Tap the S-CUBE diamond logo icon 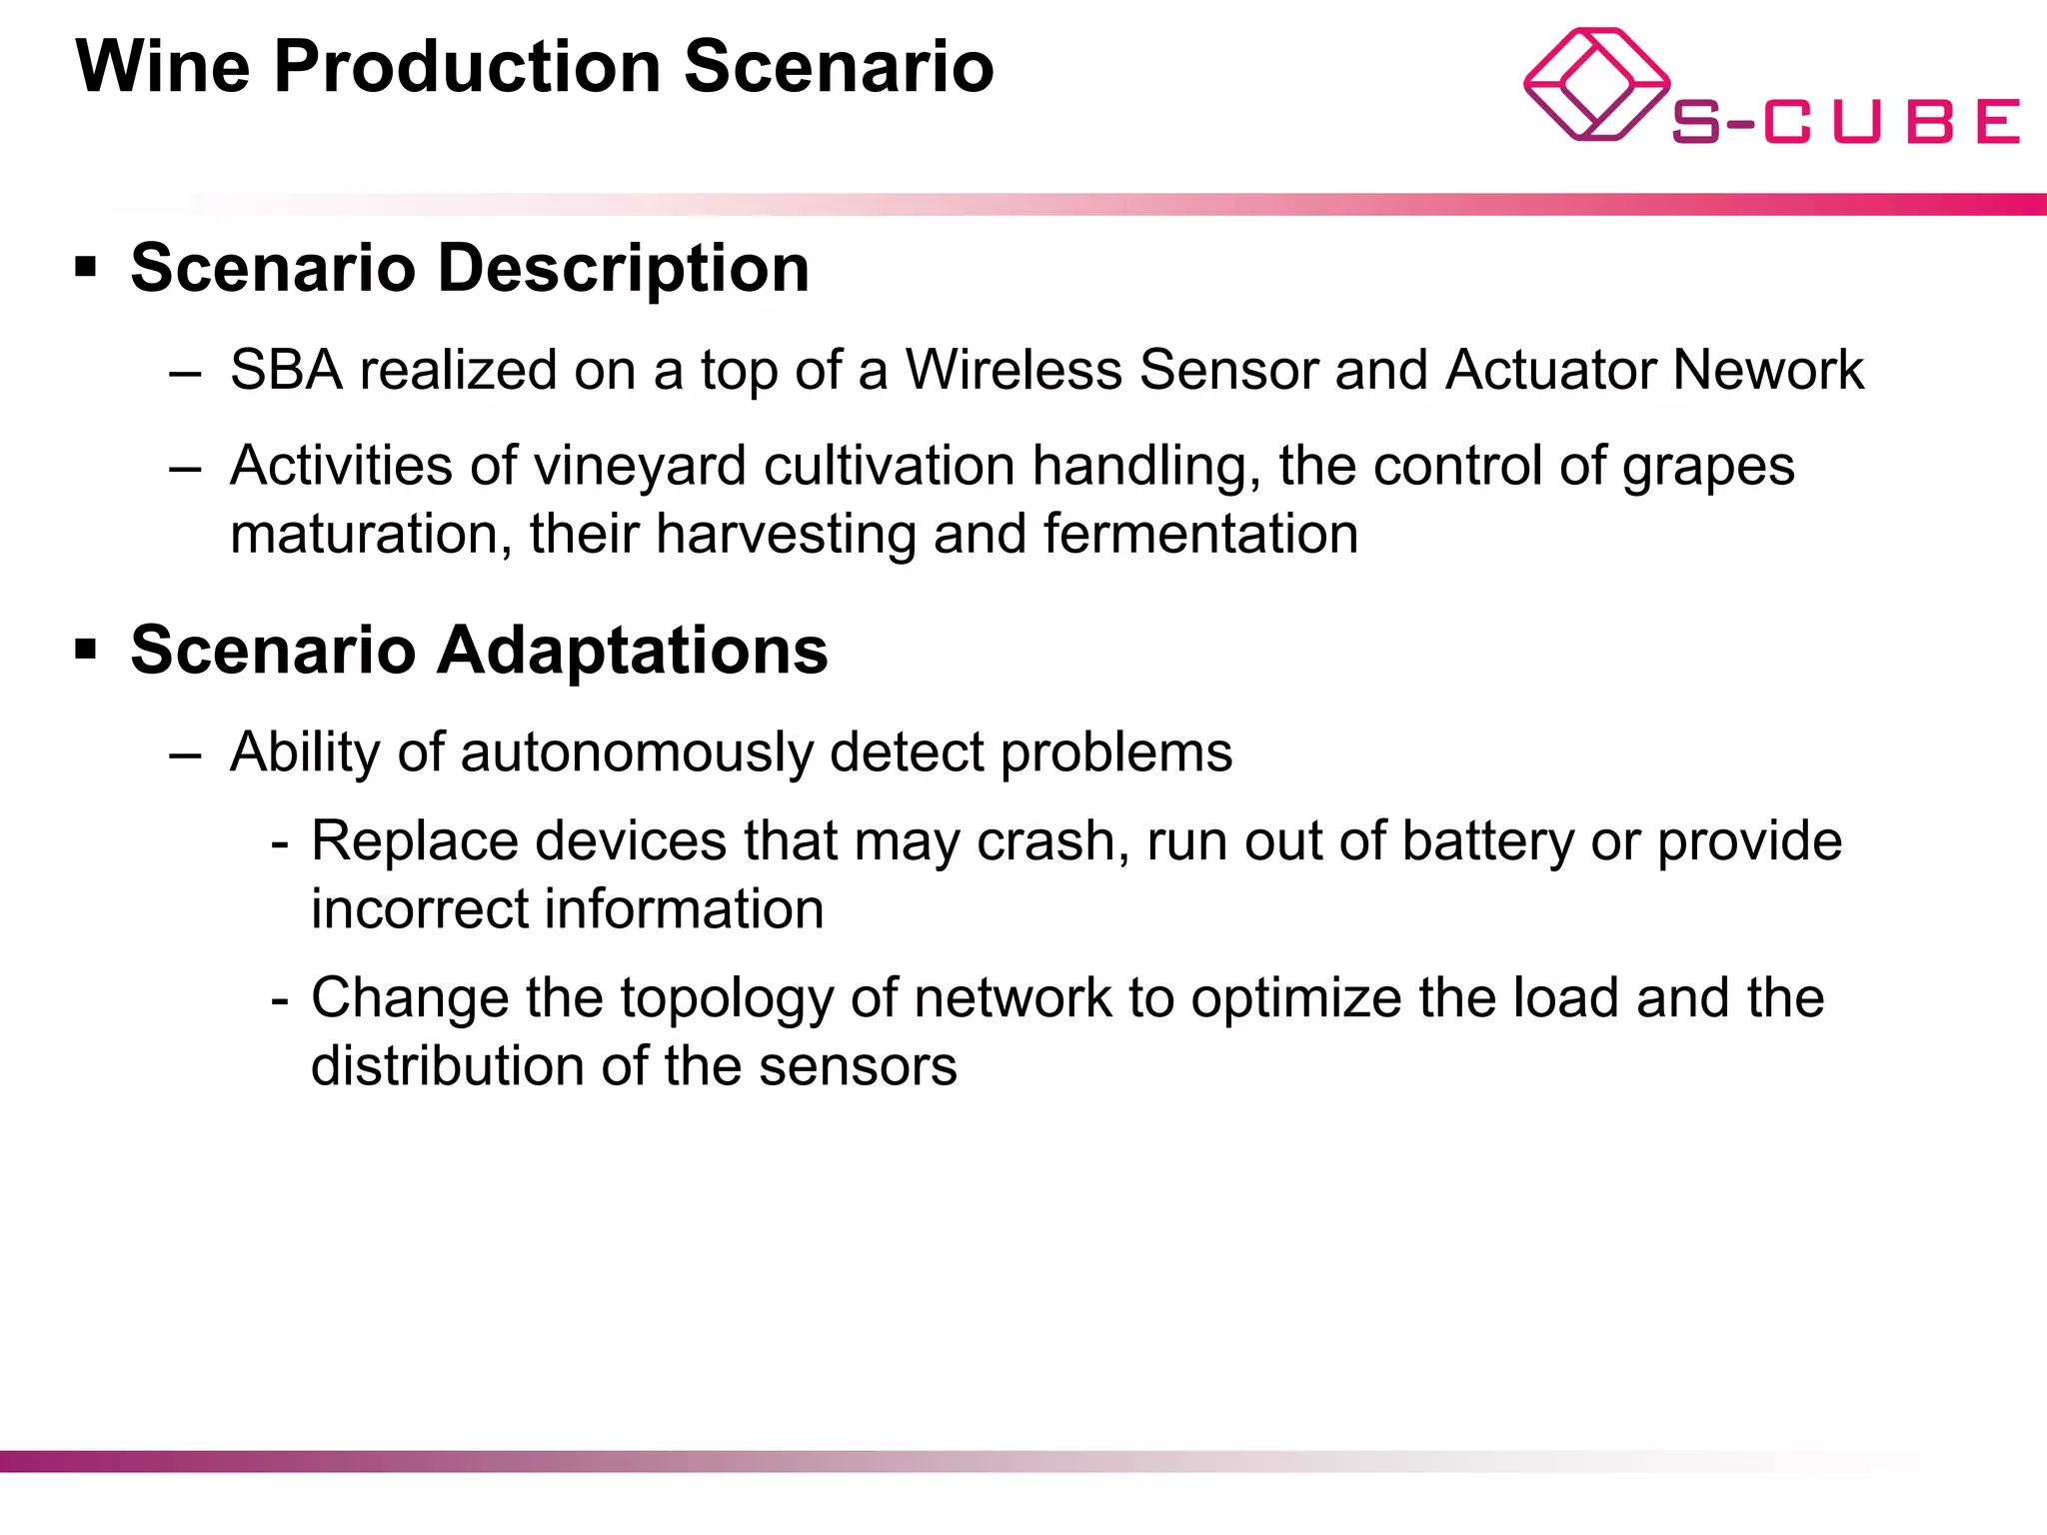(1595, 84)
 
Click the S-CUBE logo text (1845, 122)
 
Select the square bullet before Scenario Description (86, 268)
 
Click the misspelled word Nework (1768, 370)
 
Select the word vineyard (640, 467)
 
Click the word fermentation (1200, 534)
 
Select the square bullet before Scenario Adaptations (86, 651)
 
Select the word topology (727, 998)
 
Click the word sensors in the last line (857, 1066)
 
